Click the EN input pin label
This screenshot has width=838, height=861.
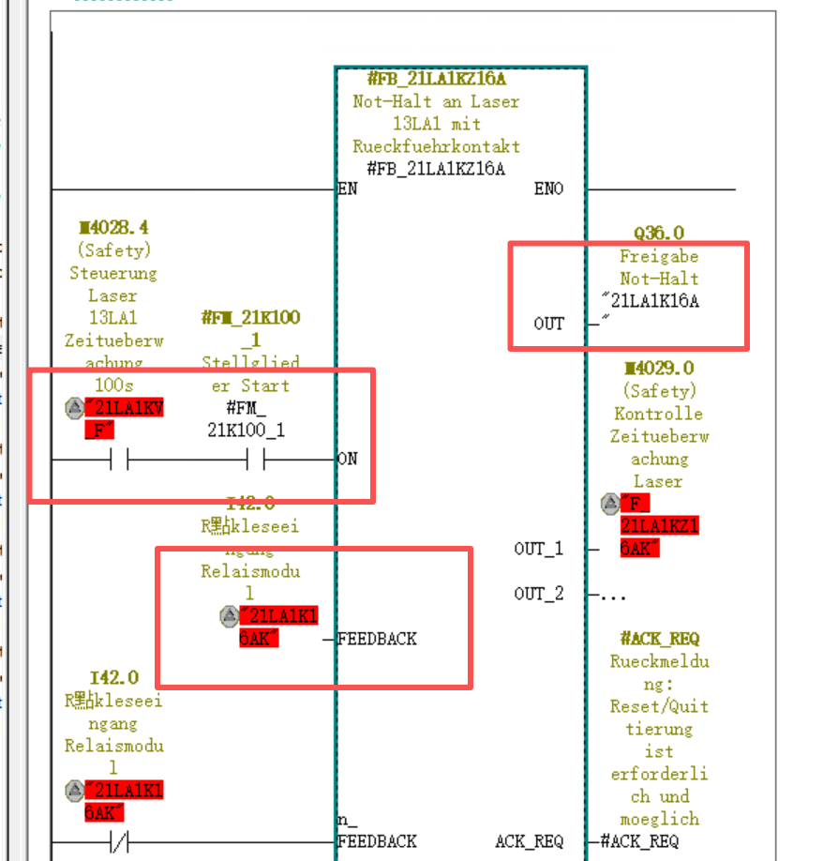[347, 189]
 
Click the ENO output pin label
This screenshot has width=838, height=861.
[548, 189]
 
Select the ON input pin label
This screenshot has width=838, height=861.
[347, 460]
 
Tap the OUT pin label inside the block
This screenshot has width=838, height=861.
[548, 324]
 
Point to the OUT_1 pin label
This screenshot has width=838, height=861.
[539, 549]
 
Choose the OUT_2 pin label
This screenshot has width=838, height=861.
[539, 594]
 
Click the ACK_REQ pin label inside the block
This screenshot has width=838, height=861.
[530, 841]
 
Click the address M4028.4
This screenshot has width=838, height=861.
[113, 228]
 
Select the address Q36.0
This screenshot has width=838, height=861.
[659, 234]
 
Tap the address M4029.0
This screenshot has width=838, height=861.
[659, 369]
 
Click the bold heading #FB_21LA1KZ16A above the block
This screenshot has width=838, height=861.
[436, 79]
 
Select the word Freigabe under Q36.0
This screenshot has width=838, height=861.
[659, 256]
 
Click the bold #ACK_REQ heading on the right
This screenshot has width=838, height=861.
[659, 639]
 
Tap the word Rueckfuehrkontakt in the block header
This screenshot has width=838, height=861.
[436, 146]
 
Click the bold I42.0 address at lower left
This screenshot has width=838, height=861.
[113, 678]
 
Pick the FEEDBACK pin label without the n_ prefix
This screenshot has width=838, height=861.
[377, 639]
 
